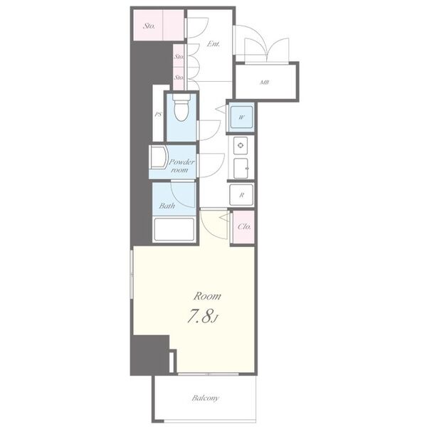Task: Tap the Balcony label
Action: [x=205, y=398]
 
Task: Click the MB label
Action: [x=265, y=82]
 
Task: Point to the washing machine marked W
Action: [x=241, y=117]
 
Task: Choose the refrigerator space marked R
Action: [x=241, y=195]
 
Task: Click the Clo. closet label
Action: [x=244, y=226]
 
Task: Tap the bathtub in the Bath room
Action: [x=174, y=229]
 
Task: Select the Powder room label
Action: [x=181, y=166]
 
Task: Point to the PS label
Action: [x=158, y=115]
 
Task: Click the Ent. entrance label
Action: [x=213, y=44]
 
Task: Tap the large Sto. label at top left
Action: [x=149, y=26]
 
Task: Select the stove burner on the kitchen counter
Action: [x=241, y=145]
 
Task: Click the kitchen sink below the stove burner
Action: [x=241, y=168]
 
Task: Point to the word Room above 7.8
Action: [x=207, y=296]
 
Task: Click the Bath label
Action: [x=167, y=206]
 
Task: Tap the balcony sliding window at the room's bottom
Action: [x=209, y=374]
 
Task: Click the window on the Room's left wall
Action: [x=132, y=275]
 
